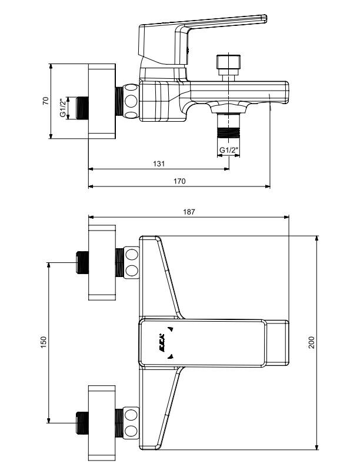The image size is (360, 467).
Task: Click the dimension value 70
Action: tap(46, 102)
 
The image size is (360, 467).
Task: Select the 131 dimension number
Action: tap(159, 163)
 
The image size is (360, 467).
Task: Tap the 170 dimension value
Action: tap(180, 181)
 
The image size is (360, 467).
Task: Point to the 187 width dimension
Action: tap(188, 211)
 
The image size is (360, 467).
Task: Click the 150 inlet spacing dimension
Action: tap(44, 342)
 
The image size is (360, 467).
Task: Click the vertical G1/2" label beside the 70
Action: tap(62, 108)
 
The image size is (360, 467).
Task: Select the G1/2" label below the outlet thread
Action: tap(229, 150)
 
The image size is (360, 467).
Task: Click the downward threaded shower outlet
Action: tap(228, 126)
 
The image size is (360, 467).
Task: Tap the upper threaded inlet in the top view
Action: tap(82, 262)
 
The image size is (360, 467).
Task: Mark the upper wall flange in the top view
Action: tap(104, 262)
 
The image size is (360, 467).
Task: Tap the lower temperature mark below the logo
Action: tap(170, 356)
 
